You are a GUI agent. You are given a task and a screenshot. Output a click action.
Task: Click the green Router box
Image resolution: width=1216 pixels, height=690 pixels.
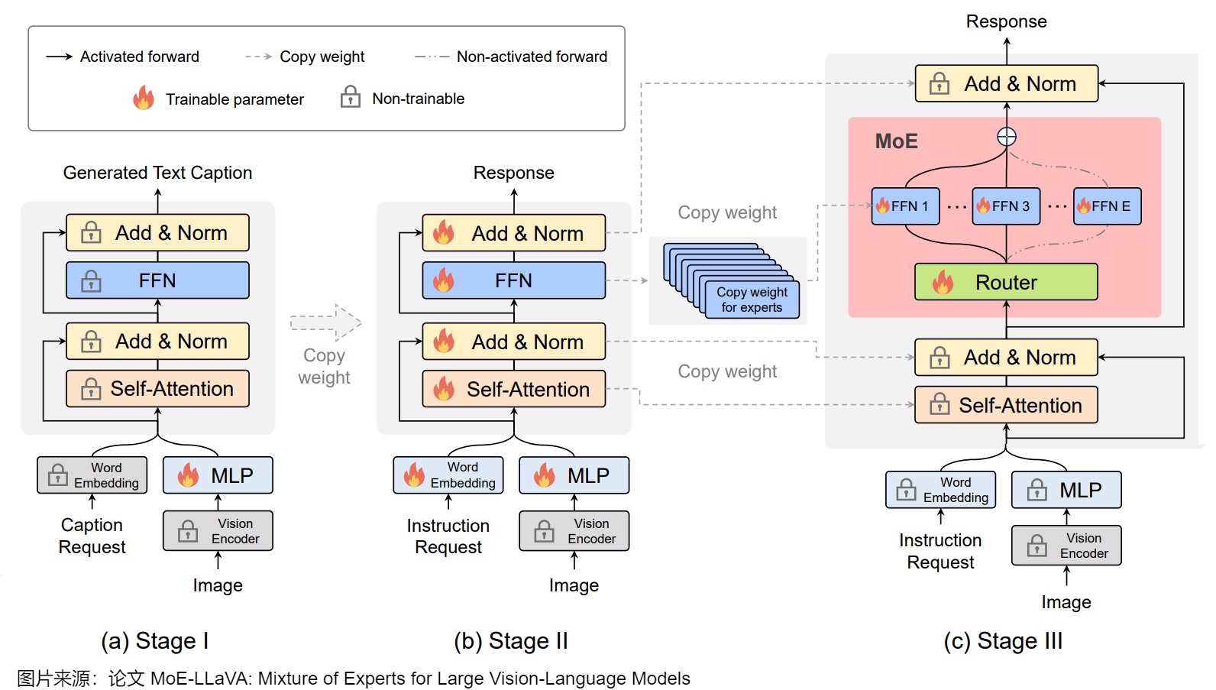pos(1006,282)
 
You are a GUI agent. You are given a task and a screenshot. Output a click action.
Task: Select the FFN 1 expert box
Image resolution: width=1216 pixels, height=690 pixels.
pos(905,206)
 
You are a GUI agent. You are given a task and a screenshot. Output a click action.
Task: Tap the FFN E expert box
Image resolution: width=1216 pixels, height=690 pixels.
pos(1107,206)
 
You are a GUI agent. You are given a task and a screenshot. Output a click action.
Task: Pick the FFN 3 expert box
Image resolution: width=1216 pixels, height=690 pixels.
pos(1006,206)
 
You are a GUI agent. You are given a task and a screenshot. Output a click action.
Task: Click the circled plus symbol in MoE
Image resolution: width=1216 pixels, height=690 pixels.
pos(1007,137)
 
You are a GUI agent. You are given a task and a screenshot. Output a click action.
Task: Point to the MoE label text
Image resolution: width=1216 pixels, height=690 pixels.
pos(896,141)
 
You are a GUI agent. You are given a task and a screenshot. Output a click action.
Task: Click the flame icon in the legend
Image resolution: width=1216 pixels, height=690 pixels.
pos(144,98)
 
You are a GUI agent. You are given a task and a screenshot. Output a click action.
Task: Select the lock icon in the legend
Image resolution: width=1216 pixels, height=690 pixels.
pos(351,97)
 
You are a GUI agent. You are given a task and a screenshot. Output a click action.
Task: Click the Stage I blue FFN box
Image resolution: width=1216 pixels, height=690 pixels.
pos(157,280)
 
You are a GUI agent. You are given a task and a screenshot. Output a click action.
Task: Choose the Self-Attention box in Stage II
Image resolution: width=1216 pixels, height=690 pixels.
pos(514,389)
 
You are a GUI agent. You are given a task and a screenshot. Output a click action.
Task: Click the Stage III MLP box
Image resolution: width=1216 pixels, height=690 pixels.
pos(1066,490)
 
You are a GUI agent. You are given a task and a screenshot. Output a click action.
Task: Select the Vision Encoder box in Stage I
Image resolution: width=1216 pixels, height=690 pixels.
pos(218,531)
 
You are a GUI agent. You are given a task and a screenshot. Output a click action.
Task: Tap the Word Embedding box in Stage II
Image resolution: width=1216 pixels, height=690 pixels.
pos(448,475)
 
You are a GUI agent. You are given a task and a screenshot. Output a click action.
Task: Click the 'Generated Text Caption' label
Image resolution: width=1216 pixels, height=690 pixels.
pos(157,173)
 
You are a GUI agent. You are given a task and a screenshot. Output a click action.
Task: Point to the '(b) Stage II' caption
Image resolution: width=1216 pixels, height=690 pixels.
pos(511,640)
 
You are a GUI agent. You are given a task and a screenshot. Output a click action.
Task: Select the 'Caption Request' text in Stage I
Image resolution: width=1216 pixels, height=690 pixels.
pos(92,536)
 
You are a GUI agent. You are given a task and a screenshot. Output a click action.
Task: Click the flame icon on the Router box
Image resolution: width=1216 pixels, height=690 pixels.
pos(943,282)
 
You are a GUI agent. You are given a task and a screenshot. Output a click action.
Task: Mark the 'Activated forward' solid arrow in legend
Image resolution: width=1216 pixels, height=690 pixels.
pos(59,57)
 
